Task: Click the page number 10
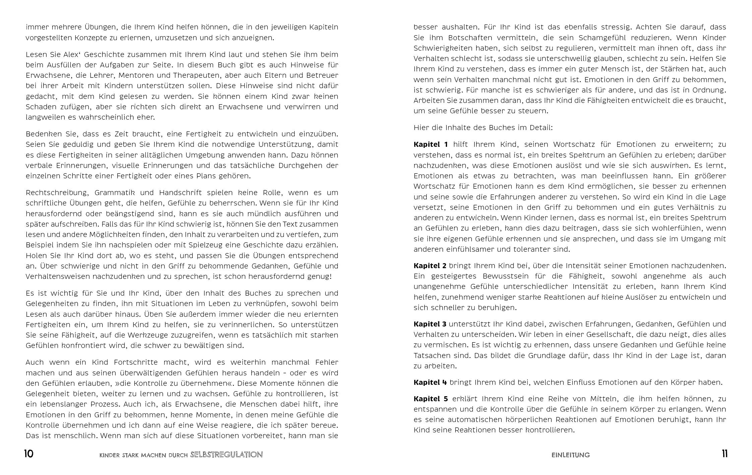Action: (x=28, y=454)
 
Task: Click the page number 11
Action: (x=725, y=454)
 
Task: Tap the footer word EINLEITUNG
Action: (x=570, y=455)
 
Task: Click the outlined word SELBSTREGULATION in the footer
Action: (x=226, y=455)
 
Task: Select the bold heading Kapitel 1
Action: (x=431, y=144)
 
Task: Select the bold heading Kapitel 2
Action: (x=430, y=266)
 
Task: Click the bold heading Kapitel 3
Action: (x=430, y=324)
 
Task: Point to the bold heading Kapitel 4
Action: (x=430, y=382)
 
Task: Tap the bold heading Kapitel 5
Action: (x=431, y=399)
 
